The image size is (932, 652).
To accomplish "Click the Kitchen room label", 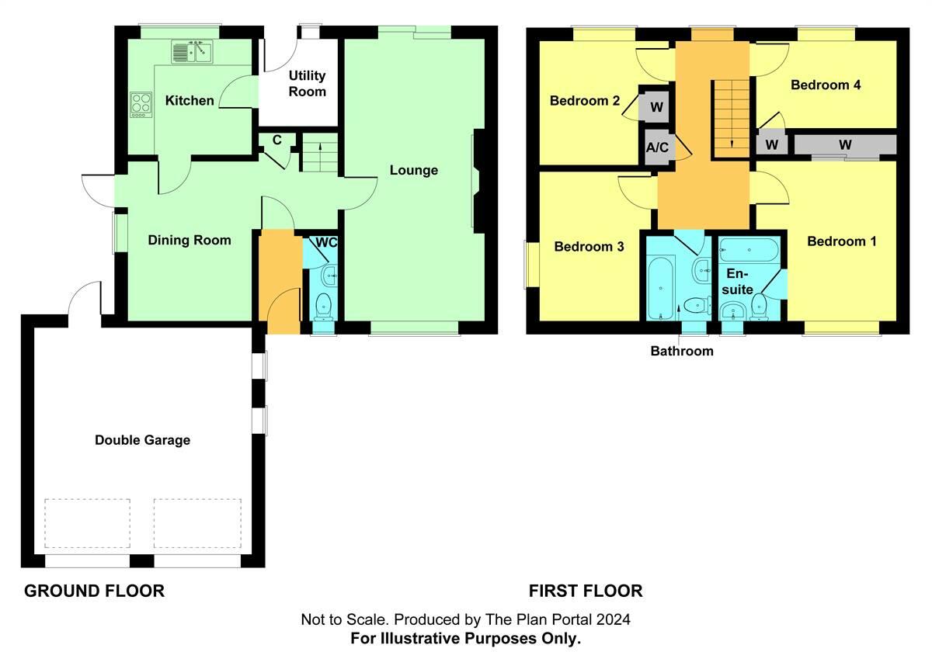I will (190, 101).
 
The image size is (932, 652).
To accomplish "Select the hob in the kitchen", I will (141, 105).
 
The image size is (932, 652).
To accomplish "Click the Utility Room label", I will (307, 84).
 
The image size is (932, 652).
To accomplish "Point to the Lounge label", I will (414, 171).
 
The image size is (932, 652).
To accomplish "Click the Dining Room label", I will (190, 241).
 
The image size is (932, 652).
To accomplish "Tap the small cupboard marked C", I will (276, 140).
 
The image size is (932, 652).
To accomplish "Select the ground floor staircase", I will (320, 152).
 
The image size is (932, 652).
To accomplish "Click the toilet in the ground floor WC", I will (324, 304).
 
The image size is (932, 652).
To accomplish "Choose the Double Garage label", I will (142, 441).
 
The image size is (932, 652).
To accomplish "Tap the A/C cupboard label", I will (656, 147).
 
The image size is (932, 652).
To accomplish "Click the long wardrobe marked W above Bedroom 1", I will (844, 145).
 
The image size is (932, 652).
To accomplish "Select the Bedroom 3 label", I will (589, 248).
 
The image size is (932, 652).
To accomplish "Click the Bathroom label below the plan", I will (681, 352).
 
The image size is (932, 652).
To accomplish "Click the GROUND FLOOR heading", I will (94, 591).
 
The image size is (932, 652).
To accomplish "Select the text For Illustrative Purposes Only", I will (466, 638).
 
